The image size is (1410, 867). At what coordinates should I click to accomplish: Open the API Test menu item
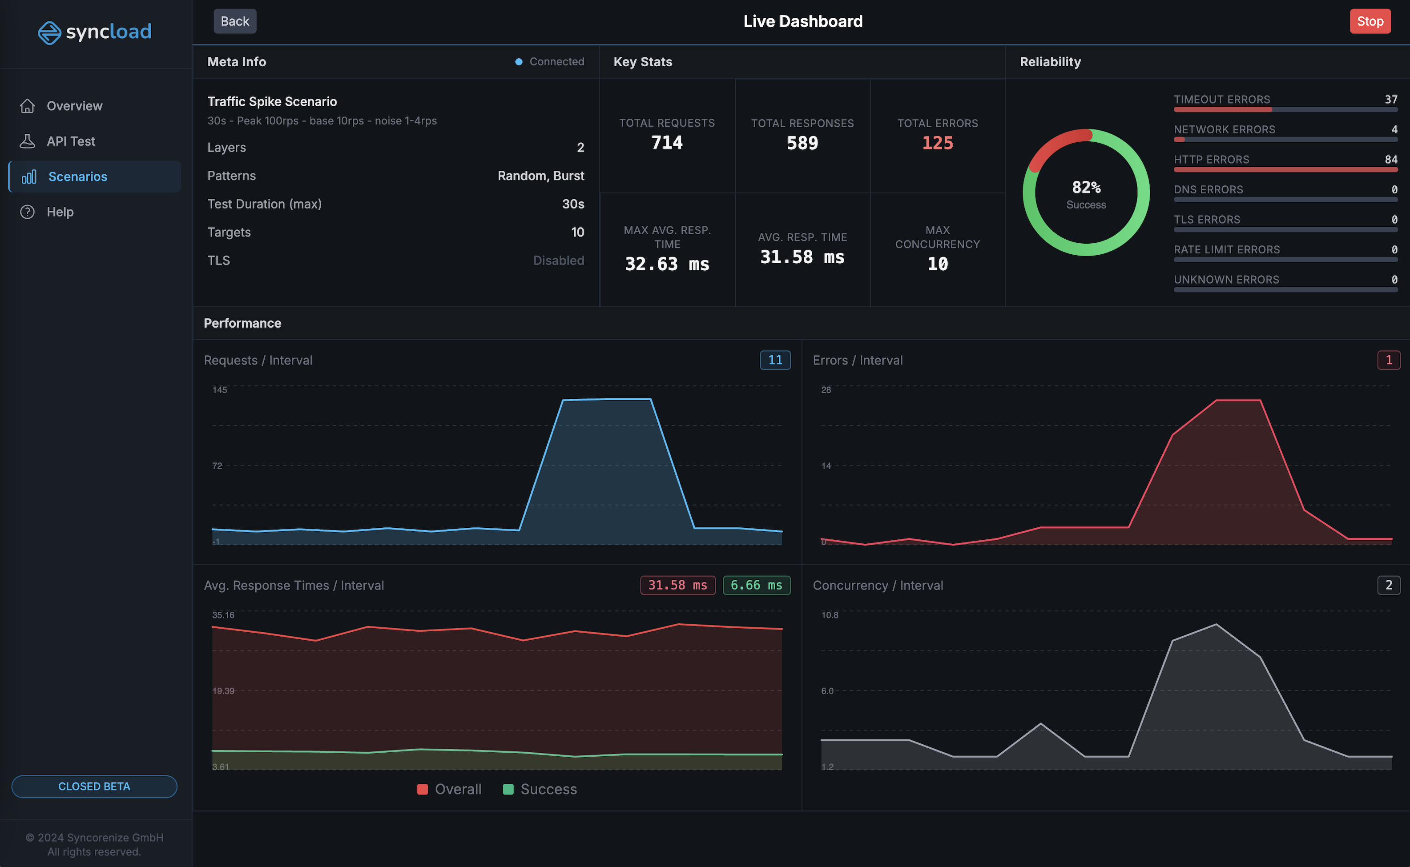coord(71,141)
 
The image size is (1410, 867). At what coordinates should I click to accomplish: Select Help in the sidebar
coord(60,212)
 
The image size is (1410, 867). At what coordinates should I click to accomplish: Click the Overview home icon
coord(27,106)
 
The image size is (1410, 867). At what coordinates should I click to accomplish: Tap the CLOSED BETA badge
coord(94,786)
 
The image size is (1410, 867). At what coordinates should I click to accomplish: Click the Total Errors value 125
coord(937,143)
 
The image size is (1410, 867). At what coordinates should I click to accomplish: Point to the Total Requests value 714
coord(667,142)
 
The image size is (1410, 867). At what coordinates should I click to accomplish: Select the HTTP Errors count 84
coord(1390,160)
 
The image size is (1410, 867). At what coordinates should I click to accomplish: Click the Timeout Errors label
coord(1221,99)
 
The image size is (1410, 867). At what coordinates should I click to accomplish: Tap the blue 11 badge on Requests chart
coord(775,360)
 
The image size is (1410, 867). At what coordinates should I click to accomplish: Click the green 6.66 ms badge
coord(756,585)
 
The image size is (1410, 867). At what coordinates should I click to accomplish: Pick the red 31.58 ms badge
coord(677,585)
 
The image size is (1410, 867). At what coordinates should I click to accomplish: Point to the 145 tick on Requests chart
coord(220,390)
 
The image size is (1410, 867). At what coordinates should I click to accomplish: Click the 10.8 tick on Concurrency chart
coord(830,615)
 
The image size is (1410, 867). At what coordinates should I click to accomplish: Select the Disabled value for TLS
coord(558,261)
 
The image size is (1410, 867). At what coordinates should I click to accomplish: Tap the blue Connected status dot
coord(519,62)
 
